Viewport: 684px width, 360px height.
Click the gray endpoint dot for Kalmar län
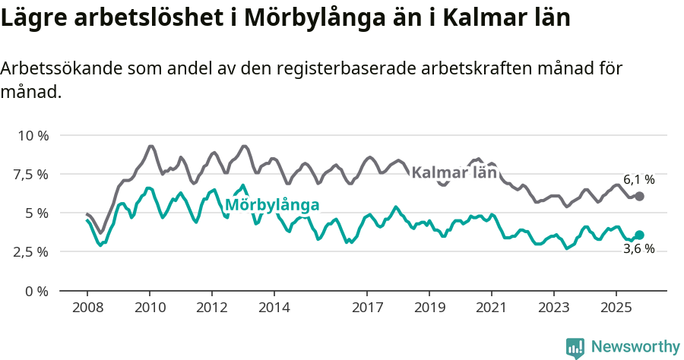click(639, 196)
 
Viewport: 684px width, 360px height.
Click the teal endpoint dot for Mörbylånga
click(639, 235)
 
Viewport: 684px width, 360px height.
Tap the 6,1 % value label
click(638, 180)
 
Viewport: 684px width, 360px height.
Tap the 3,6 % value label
click(638, 249)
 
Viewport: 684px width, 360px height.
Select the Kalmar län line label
click(454, 172)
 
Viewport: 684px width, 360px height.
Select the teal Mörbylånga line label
click(271, 204)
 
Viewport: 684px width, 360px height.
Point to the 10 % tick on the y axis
click(33, 136)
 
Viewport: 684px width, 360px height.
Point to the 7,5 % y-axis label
click(31, 175)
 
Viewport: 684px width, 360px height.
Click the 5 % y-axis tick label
click(37, 213)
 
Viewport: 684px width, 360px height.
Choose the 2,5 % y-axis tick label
click(31, 252)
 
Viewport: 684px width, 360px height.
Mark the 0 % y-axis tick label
click(37, 291)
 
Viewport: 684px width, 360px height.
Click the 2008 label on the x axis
click(87, 308)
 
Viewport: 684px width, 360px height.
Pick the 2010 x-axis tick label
click(149, 308)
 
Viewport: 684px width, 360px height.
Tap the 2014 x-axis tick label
click(274, 308)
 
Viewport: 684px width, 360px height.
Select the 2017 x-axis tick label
click(367, 308)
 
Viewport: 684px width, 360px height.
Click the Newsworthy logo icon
click(575, 348)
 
